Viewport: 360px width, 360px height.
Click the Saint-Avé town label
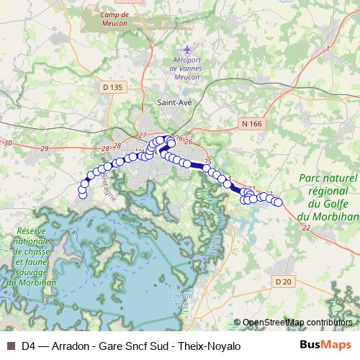(175, 103)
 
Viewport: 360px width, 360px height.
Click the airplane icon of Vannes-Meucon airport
(189, 50)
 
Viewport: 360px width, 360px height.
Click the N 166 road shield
(252, 124)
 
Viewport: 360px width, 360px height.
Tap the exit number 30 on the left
(8, 143)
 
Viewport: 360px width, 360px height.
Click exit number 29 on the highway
(45, 148)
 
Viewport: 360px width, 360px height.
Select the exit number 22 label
(307, 228)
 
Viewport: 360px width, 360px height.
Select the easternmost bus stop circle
(278, 203)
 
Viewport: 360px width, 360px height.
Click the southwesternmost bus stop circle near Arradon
(82, 194)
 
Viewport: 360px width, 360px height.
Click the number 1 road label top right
(328, 48)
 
